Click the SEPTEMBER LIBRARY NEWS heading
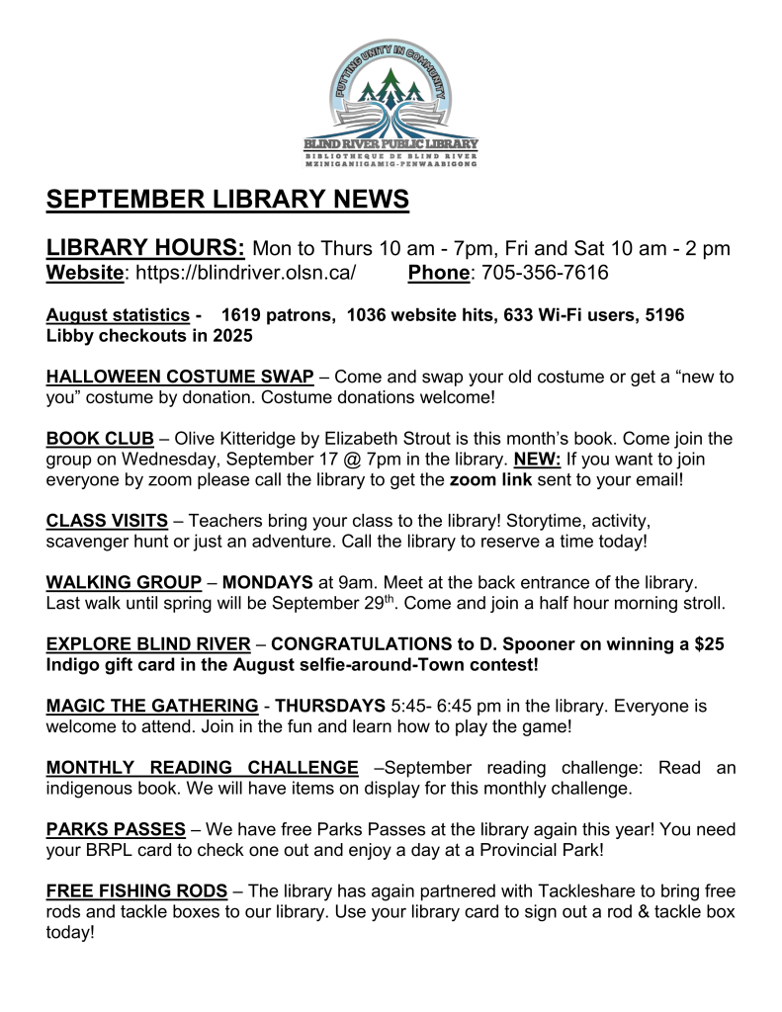(x=227, y=199)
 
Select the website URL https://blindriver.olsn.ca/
(x=244, y=273)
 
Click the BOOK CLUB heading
(x=100, y=439)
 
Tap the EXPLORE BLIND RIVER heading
(x=148, y=644)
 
